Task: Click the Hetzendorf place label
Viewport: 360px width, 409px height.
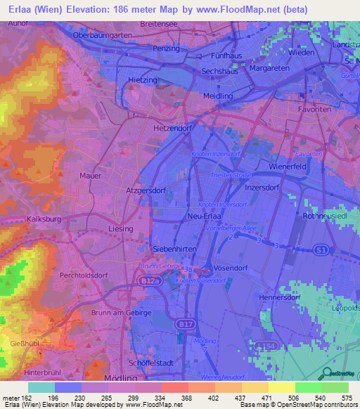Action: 172,129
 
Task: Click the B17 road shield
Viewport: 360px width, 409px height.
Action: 185,323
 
